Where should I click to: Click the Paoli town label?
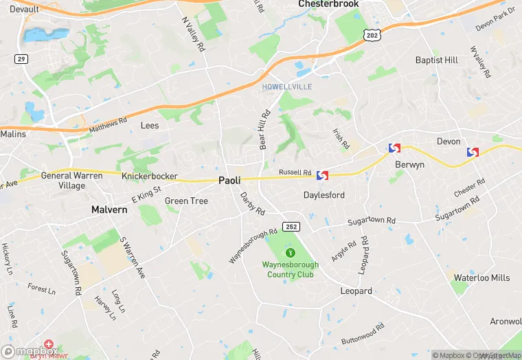pos(229,180)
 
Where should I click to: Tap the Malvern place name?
pos(109,209)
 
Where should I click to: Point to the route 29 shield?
pos(21,60)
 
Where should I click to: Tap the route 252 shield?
pos(291,226)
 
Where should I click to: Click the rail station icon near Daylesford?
pos(322,177)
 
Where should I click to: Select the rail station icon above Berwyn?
pos(394,148)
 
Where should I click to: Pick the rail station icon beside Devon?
pos(473,152)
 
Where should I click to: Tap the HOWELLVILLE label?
pos(286,87)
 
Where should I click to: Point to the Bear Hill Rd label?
pos(263,131)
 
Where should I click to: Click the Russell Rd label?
pos(295,172)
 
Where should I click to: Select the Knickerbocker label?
pos(149,177)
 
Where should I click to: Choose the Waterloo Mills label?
pos(481,278)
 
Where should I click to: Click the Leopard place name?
pos(356,291)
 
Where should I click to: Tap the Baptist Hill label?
pos(436,60)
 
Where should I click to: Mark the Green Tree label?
pos(186,201)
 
